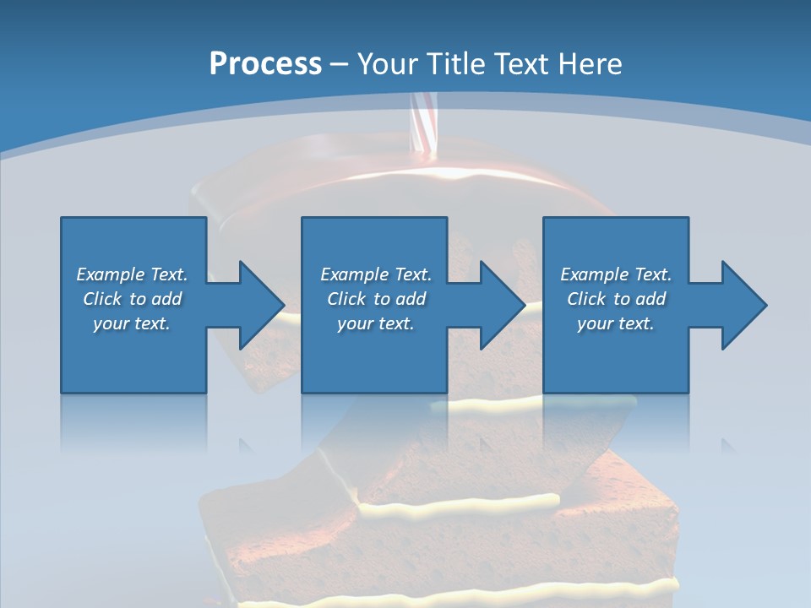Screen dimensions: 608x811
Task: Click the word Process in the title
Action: pyautogui.click(x=265, y=64)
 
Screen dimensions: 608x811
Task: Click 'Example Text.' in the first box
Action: pyautogui.click(x=132, y=274)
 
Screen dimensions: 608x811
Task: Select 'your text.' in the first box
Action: pyautogui.click(x=132, y=323)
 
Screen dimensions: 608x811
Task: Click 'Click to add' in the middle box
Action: pyautogui.click(x=376, y=299)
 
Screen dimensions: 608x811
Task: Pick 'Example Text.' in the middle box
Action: pyautogui.click(x=376, y=274)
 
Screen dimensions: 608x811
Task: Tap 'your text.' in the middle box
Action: pyautogui.click(x=376, y=323)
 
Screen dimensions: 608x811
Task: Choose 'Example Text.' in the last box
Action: pyautogui.click(x=616, y=274)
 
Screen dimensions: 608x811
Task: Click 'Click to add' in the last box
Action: pyautogui.click(x=616, y=299)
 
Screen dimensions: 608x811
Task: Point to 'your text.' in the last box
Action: pyautogui.click(x=616, y=323)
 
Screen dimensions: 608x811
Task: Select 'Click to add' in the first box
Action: pyautogui.click(x=132, y=299)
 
